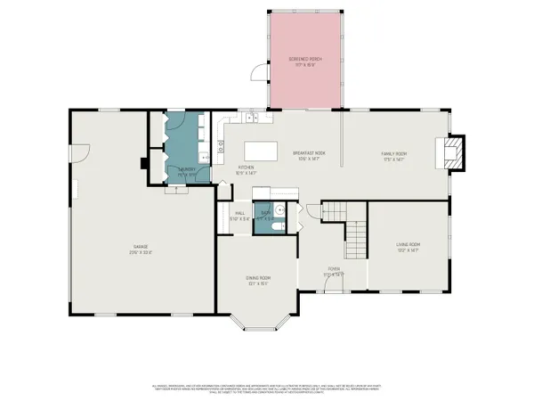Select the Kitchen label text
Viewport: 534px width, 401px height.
click(x=247, y=170)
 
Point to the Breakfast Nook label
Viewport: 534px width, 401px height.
click(x=309, y=156)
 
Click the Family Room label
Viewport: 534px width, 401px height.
click(x=394, y=156)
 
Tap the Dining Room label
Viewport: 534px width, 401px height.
click(x=259, y=280)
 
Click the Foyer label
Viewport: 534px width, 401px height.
click(x=334, y=271)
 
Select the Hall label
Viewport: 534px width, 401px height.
click(x=239, y=215)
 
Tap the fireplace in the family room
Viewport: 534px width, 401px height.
click(x=453, y=151)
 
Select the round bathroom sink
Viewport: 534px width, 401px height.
click(x=278, y=210)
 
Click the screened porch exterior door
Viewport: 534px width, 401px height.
click(x=259, y=73)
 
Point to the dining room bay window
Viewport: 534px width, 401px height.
click(x=258, y=323)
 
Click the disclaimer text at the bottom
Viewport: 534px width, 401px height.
click(x=267, y=389)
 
